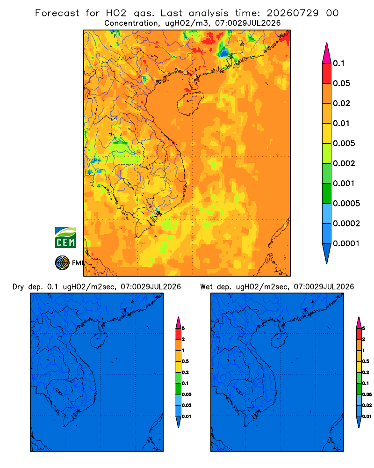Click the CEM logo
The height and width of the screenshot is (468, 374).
coord(65,237)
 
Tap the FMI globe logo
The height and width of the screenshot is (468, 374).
coord(62,263)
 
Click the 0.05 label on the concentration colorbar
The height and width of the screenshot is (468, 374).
coord(341,83)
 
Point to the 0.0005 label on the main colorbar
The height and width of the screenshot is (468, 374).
coord(346,203)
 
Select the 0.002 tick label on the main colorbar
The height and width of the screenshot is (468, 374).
coord(344,163)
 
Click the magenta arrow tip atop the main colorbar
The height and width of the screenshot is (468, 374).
coord(327,53)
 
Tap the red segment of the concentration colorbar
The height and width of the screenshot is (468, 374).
coord(327,73)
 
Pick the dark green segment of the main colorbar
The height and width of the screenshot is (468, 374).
coord(327,193)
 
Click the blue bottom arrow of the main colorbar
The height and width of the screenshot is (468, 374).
coord(327,253)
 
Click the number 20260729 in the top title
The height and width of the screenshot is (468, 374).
coord(292,13)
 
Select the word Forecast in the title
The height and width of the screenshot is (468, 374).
coord(57,13)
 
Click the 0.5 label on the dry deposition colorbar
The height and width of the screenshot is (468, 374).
coord(185,361)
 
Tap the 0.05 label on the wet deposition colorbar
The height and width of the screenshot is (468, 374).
coord(367,394)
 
